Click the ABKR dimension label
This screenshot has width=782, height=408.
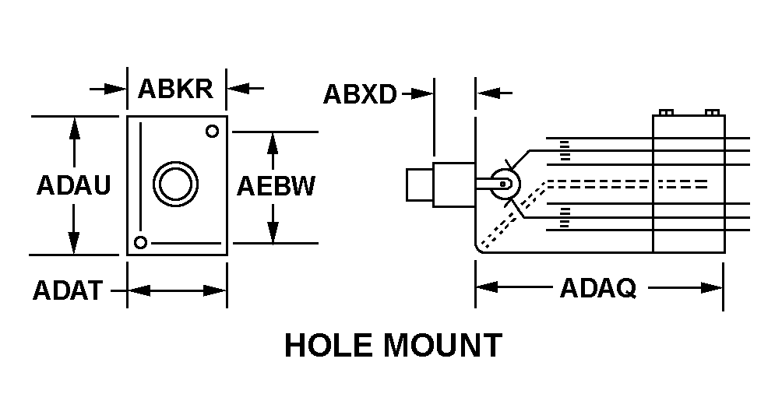pos(175,88)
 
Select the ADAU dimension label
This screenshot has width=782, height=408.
pos(73,186)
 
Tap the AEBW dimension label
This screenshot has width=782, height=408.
pos(276,187)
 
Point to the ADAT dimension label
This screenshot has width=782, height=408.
pos(67,290)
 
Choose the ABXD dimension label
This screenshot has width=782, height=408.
pos(360,94)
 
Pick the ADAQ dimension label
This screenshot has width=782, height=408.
pos(598,289)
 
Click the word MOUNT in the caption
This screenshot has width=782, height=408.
pos(446,345)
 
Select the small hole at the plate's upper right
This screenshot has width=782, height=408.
pos(211,131)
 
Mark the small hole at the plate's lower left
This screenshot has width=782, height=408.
pos(140,241)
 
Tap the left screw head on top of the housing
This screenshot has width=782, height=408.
pos(664,112)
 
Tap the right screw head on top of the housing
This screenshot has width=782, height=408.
pos(710,112)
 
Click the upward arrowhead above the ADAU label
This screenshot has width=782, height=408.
pos(74,126)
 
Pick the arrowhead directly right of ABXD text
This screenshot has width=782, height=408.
pos(424,93)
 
